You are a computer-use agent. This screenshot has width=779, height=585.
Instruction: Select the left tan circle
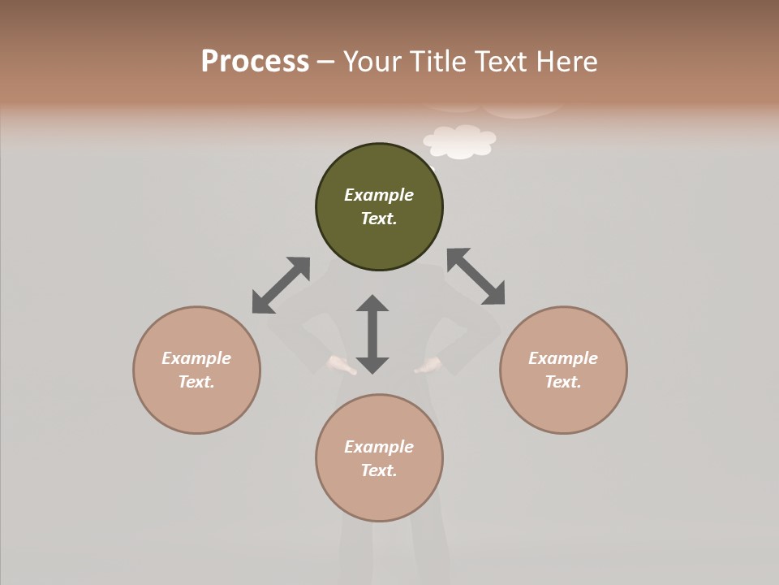pyautogui.click(x=196, y=406)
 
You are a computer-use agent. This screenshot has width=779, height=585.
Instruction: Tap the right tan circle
pyautogui.click(x=563, y=406)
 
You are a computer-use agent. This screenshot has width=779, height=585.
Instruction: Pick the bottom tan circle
pyautogui.click(x=379, y=496)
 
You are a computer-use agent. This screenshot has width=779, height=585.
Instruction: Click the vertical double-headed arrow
pyautogui.click(x=372, y=334)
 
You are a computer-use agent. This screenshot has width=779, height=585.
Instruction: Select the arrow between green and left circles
pyautogui.click(x=281, y=285)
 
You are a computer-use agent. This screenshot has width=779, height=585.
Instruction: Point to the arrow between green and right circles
pyautogui.click(x=476, y=276)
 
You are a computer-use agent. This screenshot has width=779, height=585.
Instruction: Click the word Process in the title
pyautogui.click(x=255, y=62)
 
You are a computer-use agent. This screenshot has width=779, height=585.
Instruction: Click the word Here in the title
pyautogui.click(x=568, y=62)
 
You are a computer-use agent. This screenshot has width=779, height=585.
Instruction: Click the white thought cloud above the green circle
pyautogui.click(x=460, y=141)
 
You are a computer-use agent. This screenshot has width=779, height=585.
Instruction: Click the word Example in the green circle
pyautogui.click(x=379, y=195)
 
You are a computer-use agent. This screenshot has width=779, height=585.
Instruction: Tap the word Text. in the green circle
pyautogui.click(x=379, y=219)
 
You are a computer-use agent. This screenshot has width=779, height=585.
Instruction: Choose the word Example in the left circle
pyautogui.click(x=196, y=358)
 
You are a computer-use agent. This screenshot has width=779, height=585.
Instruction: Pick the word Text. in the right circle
pyautogui.click(x=563, y=382)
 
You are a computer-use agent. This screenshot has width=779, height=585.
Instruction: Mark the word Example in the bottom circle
pyautogui.click(x=379, y=447)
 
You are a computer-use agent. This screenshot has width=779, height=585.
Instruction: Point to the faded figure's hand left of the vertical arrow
pyautogui.click(x=340, y=366)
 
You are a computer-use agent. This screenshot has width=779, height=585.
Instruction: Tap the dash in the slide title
pyautogui.click(x=326, y=63)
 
